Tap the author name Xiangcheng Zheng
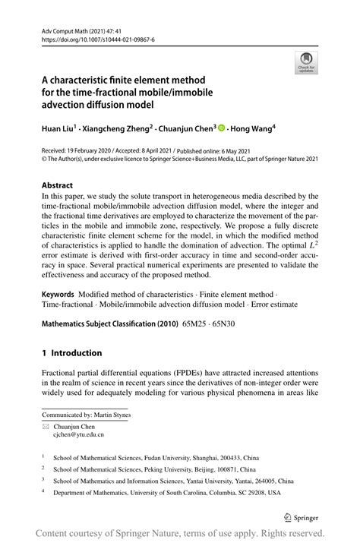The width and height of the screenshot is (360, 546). [113, 130]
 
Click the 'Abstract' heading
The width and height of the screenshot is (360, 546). [58, 185]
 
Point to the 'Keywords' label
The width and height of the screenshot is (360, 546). [61, 292]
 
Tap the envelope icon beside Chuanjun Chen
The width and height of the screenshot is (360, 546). [46, 427]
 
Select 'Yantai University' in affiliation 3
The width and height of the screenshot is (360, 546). [213, 481]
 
